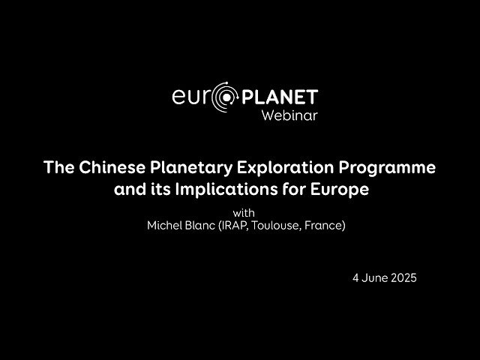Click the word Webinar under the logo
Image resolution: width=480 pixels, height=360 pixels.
(x=289, y=115)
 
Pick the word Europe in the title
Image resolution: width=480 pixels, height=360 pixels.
(x=340, y=189)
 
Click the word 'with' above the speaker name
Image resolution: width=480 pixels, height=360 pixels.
(x=244, y=212)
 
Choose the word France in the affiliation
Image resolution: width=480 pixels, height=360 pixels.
(x=328, y=225)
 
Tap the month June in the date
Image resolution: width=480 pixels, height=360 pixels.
(x=373, y=277)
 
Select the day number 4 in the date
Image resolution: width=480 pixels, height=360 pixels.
(x=355, y=277)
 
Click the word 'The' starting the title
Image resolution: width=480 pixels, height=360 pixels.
(x=58, y=166)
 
